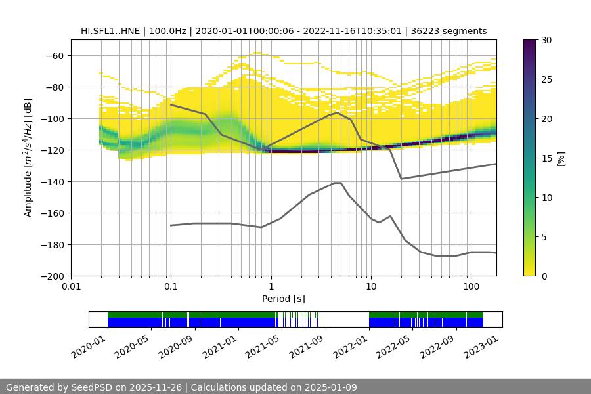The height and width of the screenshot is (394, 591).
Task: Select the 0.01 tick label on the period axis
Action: tap(71, 287)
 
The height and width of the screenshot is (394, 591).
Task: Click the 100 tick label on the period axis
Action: tap(470, 287)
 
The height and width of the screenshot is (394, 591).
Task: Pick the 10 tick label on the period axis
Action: tap(370, 287)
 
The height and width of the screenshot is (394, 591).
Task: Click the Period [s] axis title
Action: tap(283, 299)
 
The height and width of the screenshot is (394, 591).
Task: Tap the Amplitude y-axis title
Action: tap(28, 158)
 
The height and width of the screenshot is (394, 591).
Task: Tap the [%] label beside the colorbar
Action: tap(561, 158)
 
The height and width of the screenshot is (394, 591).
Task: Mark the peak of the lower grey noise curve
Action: tap(338, 183)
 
